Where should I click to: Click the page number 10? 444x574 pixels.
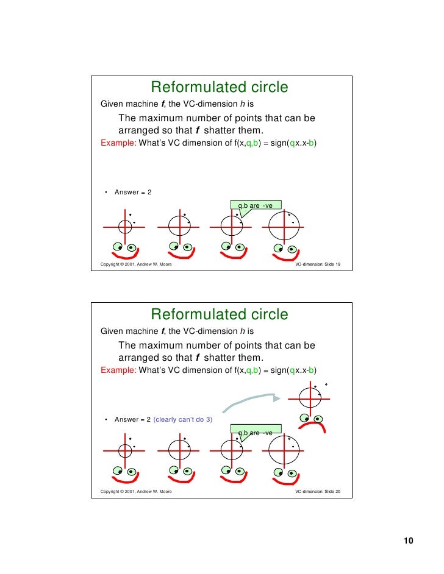pos(408,542)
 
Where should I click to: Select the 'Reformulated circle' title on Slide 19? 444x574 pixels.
pos(219,88)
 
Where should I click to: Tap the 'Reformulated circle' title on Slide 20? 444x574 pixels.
pos(219,314)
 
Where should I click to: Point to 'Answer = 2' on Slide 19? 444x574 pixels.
pos(133,193)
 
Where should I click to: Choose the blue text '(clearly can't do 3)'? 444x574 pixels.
pos(182,419)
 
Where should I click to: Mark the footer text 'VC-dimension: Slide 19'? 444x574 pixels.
pos(317,265)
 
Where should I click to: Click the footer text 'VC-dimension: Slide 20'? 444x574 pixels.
pos(317,492)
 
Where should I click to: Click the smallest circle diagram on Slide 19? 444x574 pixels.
pos(125,227)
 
